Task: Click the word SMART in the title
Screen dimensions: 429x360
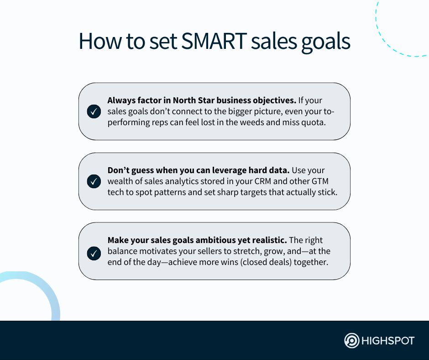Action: (x=214, y=41)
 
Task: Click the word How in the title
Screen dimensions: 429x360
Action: (x=100, y=41)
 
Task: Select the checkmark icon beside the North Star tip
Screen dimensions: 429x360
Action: (x=94, y=111)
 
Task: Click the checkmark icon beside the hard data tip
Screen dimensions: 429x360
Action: (x=94, y=181)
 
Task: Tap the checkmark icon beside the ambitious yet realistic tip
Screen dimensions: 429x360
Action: (x=94, y=254)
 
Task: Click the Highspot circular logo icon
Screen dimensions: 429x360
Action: (x=351, y=340)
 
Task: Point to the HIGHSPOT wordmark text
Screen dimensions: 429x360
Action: (x=388, y=341)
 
